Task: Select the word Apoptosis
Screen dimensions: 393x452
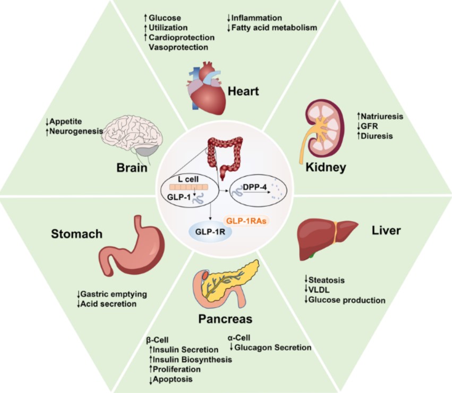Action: [x=173, y=379]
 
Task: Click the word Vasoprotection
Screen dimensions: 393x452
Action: [x=178, y=47]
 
